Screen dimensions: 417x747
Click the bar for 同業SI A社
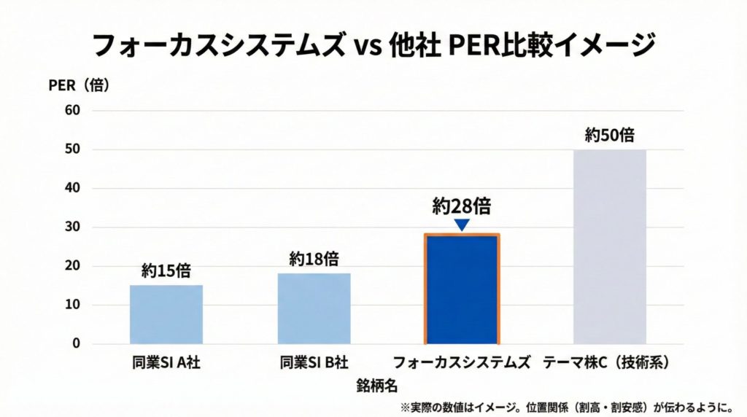(x=166, y=314)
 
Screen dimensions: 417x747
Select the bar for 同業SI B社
(x=314, y=308)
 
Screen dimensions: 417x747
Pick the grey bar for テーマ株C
(x=609, y=246)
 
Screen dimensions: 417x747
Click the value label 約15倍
(x=166, y=271)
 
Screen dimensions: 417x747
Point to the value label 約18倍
(x=314, y=259)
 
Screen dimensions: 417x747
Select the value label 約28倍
(x=461, y=206)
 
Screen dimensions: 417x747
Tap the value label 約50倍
(x=609, y=136)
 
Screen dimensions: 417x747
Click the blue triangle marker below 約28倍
(x=461, y=225)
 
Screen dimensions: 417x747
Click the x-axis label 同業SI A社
(x=166, y=362)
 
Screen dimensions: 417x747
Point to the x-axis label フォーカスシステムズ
(x=461, y=362)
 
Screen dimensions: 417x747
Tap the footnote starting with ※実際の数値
(x=565, y=406)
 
